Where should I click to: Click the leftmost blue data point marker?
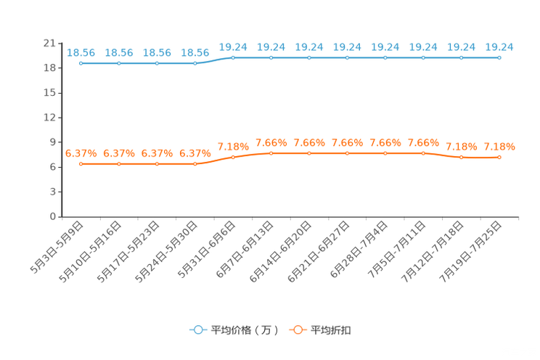(x=81, y=64)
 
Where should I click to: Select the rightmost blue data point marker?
(x=499, y=57)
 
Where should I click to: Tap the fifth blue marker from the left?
(x=233, y=57)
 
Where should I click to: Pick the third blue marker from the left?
(x=157, y=64)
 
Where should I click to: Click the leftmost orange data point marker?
(x=81, y=164)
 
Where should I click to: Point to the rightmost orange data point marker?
(x=499, y=157)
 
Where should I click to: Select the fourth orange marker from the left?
(x=195, y=164)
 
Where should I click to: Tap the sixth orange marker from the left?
(x=271, y=154)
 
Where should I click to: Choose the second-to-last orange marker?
(x=461, y=157)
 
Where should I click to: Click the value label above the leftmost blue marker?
(x=81, y=53)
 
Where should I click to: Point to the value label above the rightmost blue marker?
(x=499, y=47)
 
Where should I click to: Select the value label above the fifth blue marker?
(x=233, y=47)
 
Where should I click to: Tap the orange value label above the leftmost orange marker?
(x=81, y=153)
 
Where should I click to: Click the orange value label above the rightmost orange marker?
(x=499, y=147)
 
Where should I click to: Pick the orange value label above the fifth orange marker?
(x=233, y=147)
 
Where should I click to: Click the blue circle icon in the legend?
(x=197, y=330)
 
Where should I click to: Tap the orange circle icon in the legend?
(x=297, y=330)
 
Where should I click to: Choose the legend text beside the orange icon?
(x=332, y=330)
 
